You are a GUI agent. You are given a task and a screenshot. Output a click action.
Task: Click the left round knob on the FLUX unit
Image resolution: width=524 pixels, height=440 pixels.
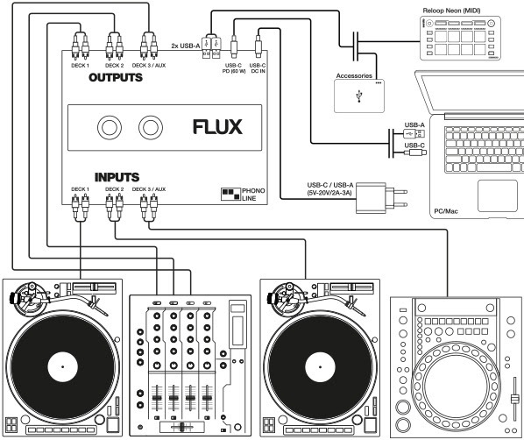coord(110,128)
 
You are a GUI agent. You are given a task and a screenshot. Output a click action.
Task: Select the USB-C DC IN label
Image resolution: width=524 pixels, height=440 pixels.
coord(259,68)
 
